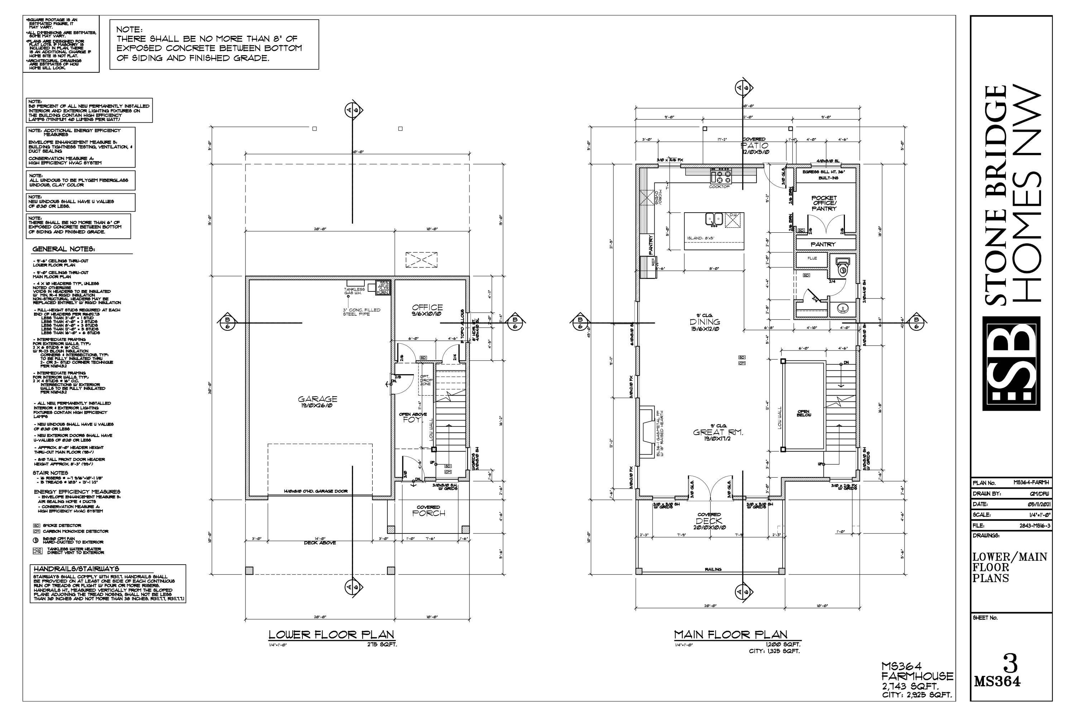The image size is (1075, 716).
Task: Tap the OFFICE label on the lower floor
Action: [427, 307]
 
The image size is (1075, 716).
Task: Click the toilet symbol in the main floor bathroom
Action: [841, 267]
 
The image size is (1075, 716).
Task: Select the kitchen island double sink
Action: [713, 219]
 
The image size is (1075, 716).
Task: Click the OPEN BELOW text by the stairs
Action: [803, 413]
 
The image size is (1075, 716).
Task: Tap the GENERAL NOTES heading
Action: [63, 249]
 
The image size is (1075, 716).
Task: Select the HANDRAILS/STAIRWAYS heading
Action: [76, 569]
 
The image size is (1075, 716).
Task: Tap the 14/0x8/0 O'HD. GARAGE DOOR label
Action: [315, 491]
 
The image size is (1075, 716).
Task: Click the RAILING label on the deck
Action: [713, 570]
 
